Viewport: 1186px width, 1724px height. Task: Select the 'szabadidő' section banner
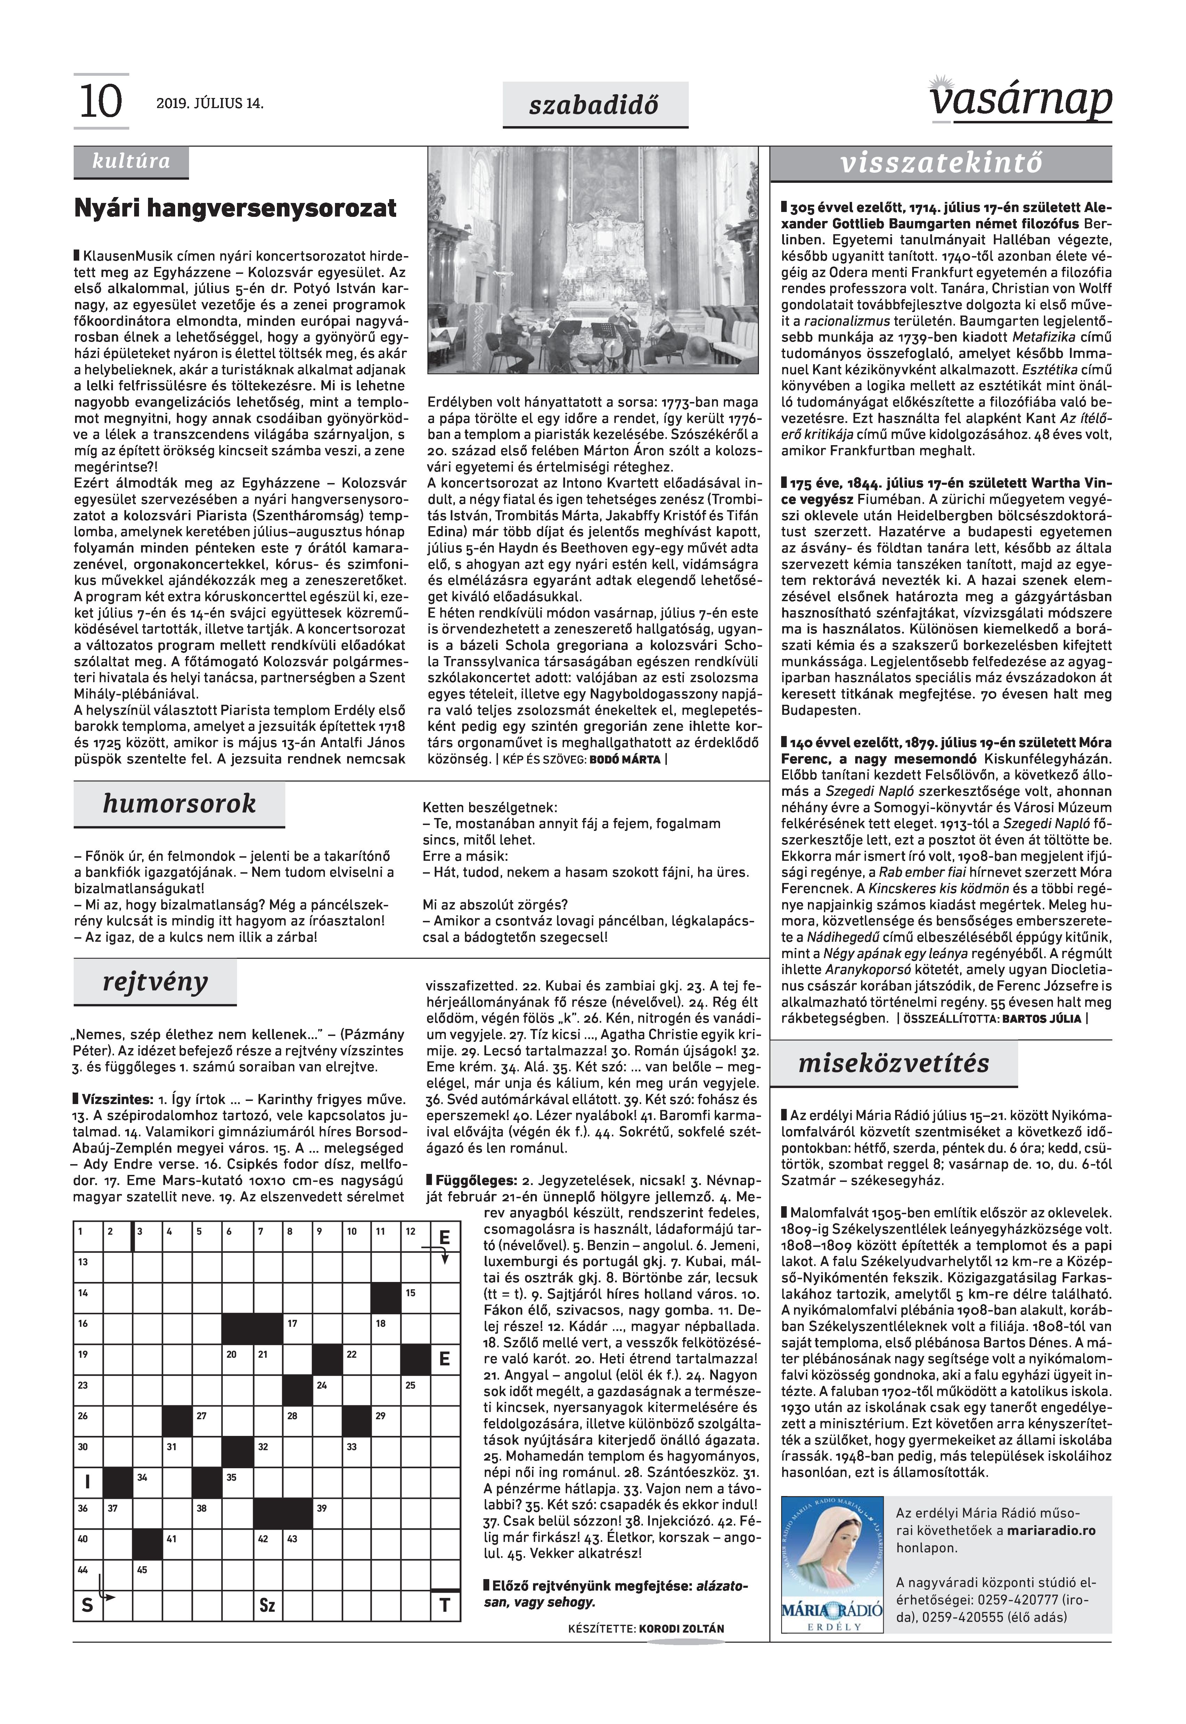[x=595, y=105]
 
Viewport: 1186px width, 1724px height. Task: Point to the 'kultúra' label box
[x=131, y=162]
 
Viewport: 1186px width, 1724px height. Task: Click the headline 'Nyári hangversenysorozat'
[x=235, y=208]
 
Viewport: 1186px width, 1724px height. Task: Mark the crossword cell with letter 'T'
[x=445, y=1605]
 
